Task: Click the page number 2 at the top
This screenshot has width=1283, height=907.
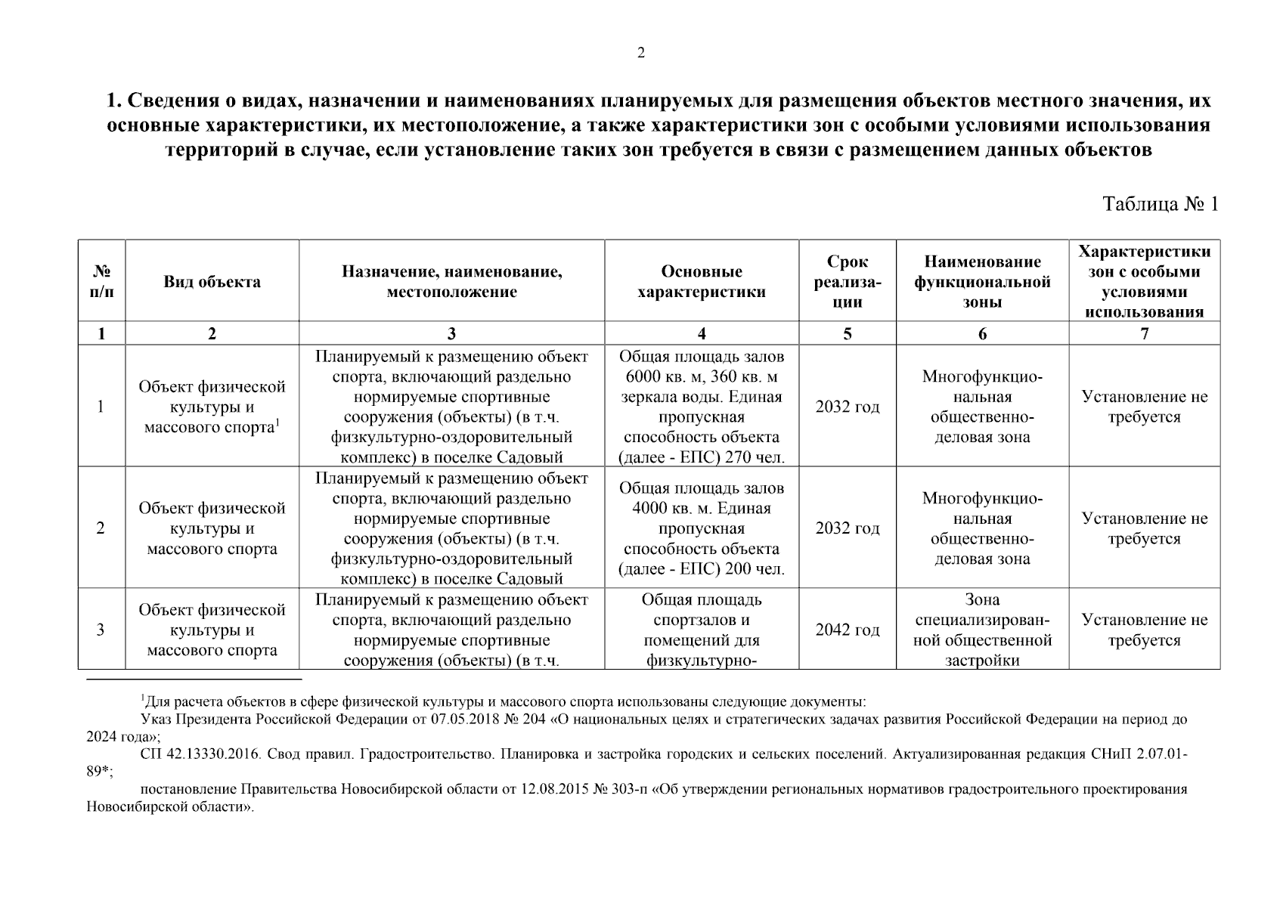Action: click(x=641, y=53)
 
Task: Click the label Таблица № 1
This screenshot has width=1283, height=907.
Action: click(x=1161, y=204)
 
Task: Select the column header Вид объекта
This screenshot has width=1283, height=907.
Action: click(x=212, y=282)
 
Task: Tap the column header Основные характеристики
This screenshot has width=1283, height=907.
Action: click(x=701, y=282)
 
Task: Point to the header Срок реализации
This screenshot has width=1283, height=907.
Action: click(x=847, y=282)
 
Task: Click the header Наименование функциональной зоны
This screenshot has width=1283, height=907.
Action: click(x=982, y=282)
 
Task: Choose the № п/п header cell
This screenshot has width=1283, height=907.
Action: click(x=101, y=282)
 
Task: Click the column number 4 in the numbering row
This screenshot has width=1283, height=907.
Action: click(x=701, y=333)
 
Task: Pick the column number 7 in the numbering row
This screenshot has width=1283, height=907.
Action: click(x=1144, y=333)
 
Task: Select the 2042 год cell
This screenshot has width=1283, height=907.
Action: click(x=847, y=630)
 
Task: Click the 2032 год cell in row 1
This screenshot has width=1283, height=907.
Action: click(x=847, y=407)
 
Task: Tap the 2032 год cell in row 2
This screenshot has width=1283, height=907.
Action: click(x=847, y=528)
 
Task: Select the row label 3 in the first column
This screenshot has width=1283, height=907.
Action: click(x=101, y=630)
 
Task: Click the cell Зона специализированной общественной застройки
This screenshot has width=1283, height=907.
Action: click(x=982, y=630)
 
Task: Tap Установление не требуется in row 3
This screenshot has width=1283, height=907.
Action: click(x=1144, y=630)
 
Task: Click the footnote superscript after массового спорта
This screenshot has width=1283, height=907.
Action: click(x=277, y=423)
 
